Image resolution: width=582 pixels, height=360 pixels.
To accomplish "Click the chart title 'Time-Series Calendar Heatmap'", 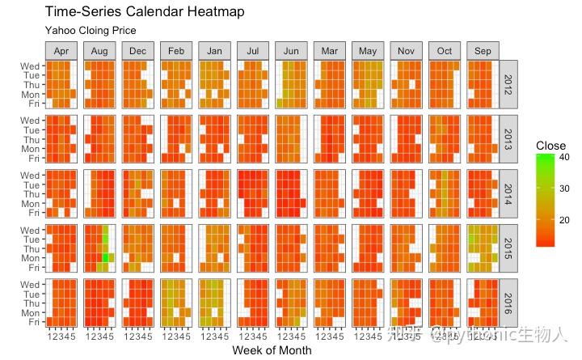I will (x=145, y=12).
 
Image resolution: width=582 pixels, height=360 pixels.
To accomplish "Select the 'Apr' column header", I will (x=61, y=51).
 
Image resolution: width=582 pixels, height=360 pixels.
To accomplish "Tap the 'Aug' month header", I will (x=99, y=51).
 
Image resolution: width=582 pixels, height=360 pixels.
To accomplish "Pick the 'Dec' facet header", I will (x=137, y=51).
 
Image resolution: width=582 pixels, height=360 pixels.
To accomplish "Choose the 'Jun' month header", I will (x=291, y=51).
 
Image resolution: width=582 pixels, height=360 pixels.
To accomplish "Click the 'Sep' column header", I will (x=483, y=51).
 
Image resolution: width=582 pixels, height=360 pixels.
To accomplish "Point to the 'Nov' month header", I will (x=406, y=51).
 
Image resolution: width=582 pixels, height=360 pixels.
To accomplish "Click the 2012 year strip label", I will (x=508, y=84).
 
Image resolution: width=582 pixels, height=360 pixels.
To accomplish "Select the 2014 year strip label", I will (x=508, y=194).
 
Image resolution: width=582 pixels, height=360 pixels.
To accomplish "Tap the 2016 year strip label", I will (x=508, y=303).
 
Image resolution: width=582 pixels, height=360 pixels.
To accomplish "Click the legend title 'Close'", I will (x=550, y=146).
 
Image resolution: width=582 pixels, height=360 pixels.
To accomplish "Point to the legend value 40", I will (x=566, y=159).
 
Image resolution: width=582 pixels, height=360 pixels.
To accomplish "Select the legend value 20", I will (x=566, y=219).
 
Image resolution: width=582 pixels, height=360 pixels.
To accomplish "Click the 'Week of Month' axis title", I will (x=271, y=350).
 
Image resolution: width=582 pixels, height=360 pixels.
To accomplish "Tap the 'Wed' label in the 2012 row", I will (x=31, y=66).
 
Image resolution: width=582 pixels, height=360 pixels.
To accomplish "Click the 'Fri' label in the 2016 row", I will (x=33, y=321).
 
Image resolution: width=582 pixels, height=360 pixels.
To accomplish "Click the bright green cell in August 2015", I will (x=104, y=257).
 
